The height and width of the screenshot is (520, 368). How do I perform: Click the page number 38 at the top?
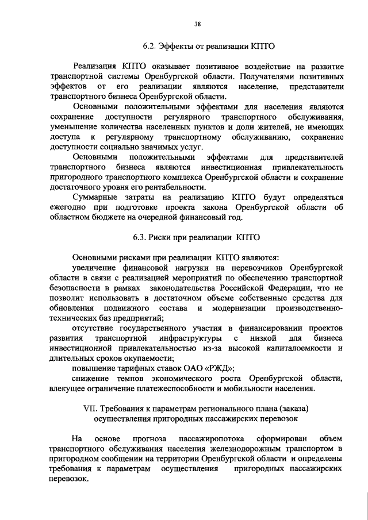[x=197, y=24]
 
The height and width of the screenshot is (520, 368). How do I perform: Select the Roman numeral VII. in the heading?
[x=91, y=409]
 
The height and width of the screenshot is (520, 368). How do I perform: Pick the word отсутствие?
[x=94, y=328]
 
